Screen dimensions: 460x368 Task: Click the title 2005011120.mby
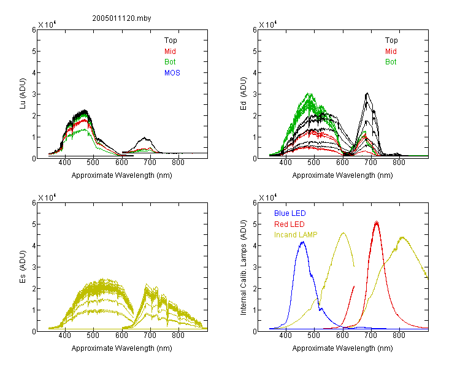[x=121, y=18]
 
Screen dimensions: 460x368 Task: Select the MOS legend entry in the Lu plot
[x=172, y=73]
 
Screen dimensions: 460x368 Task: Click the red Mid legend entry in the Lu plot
[x=170, y=52]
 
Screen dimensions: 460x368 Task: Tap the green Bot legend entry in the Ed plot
[x=391, y=62]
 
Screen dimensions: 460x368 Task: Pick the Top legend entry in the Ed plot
[x=391, y=40]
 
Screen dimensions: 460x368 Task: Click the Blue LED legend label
[x=290, y=213]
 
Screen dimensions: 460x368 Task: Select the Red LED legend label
[x=289, y=224]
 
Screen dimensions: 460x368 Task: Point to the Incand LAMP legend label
[x=296, y=235]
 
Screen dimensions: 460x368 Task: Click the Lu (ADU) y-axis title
[x=23, y=94]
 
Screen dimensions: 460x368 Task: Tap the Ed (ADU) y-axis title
[x=243, y=94]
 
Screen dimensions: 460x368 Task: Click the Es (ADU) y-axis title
[x=23, y=267]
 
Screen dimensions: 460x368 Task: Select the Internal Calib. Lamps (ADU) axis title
[x=243, y=267]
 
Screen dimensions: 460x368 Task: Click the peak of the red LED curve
[x=377, y=221]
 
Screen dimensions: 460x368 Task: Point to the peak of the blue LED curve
[x=303, y=242]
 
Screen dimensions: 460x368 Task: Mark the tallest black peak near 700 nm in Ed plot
[x=367, y=93]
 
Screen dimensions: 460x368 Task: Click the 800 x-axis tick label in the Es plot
[x=178, y=335]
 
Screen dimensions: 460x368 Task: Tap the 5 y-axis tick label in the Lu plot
[x=34, y=52]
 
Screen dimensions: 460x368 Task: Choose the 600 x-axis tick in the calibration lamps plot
[x=342, y=335]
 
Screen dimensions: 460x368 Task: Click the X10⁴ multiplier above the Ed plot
[x=267, y=25]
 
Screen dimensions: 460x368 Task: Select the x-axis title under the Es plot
[x=122, y=348]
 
